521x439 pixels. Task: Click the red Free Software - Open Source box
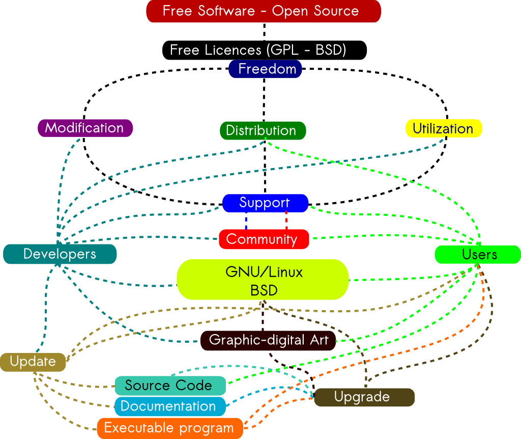tap(263, 11)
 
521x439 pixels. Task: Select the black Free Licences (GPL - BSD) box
tap(264, 50)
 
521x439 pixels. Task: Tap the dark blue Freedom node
tap(265, 69)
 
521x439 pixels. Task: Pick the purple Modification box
tap(85, 128)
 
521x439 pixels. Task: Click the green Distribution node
tap(263, 130)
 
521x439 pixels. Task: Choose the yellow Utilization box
tap(443, 128)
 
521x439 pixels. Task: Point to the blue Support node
tap(265, 203)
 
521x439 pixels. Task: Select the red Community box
tap(264, 239)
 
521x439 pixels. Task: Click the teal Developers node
tap(60, 254)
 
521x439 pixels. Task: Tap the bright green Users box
tap(477, 254)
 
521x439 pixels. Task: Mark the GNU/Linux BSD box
tap(263, 280)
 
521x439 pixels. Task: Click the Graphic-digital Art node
tap(268, 340)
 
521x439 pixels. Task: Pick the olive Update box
tap(33, 362)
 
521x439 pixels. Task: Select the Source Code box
tap(170, 386)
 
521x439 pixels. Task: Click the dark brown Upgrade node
tap(364, 397)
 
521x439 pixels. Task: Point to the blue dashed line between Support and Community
tap(246, 221)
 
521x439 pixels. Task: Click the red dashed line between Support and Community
tap(286, 221)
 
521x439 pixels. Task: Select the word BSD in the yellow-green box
tap(264, 290)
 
